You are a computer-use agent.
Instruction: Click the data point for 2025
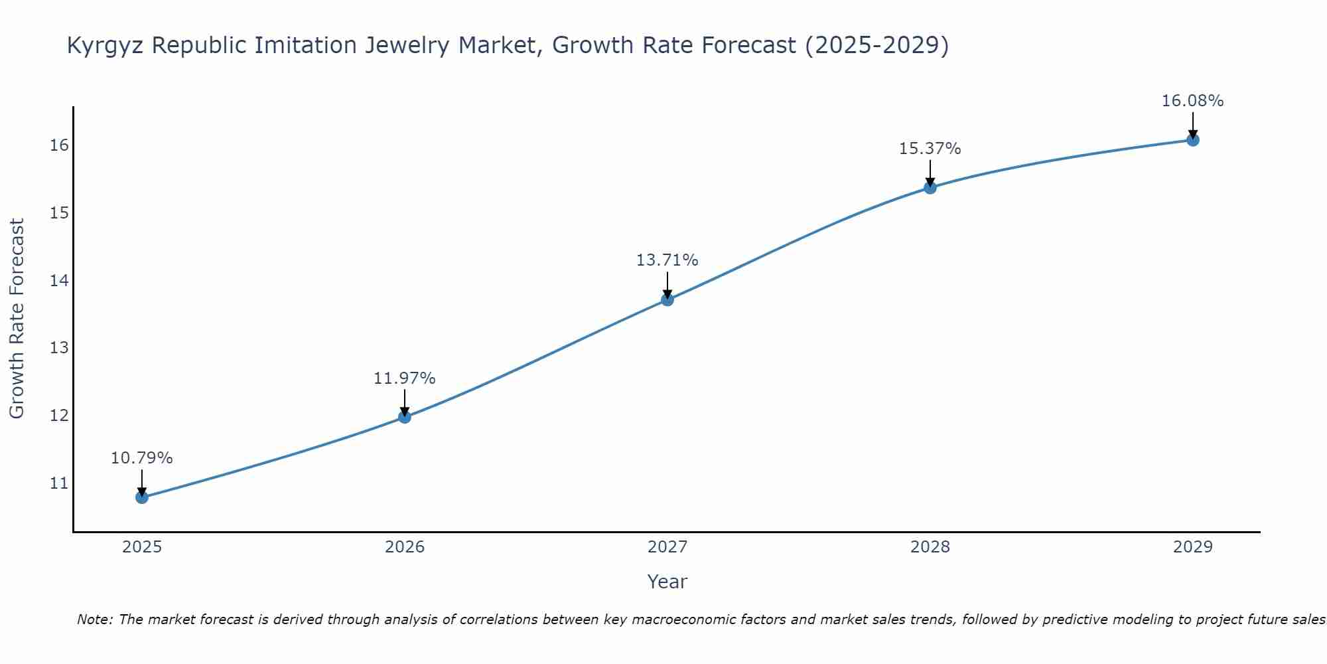coord(141,497)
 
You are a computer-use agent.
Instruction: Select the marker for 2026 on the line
coord(404,417)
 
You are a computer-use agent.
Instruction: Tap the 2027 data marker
coord(667,299)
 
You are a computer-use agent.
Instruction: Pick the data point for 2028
coord(930,187)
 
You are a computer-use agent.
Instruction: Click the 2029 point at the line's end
coord(1192,139)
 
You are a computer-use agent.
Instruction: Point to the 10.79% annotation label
coord(141,458)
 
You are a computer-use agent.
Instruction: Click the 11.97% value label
coord(404,378)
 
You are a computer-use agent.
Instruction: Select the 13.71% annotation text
coord(667,260)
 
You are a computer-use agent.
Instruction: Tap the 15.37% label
coord(930,149)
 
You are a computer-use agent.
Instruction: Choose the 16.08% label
coord(1192,101)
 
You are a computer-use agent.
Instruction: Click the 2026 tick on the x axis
coord(405,547)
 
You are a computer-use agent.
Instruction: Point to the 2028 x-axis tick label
coord(930,547)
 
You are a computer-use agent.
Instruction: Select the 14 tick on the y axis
coord(59,280)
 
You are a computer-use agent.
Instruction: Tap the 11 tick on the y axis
coord(59,483)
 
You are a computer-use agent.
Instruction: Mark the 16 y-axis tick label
coord(59,145)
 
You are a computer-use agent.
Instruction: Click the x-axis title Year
coord(667,582)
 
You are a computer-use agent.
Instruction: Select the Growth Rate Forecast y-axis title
coord(17,319)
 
